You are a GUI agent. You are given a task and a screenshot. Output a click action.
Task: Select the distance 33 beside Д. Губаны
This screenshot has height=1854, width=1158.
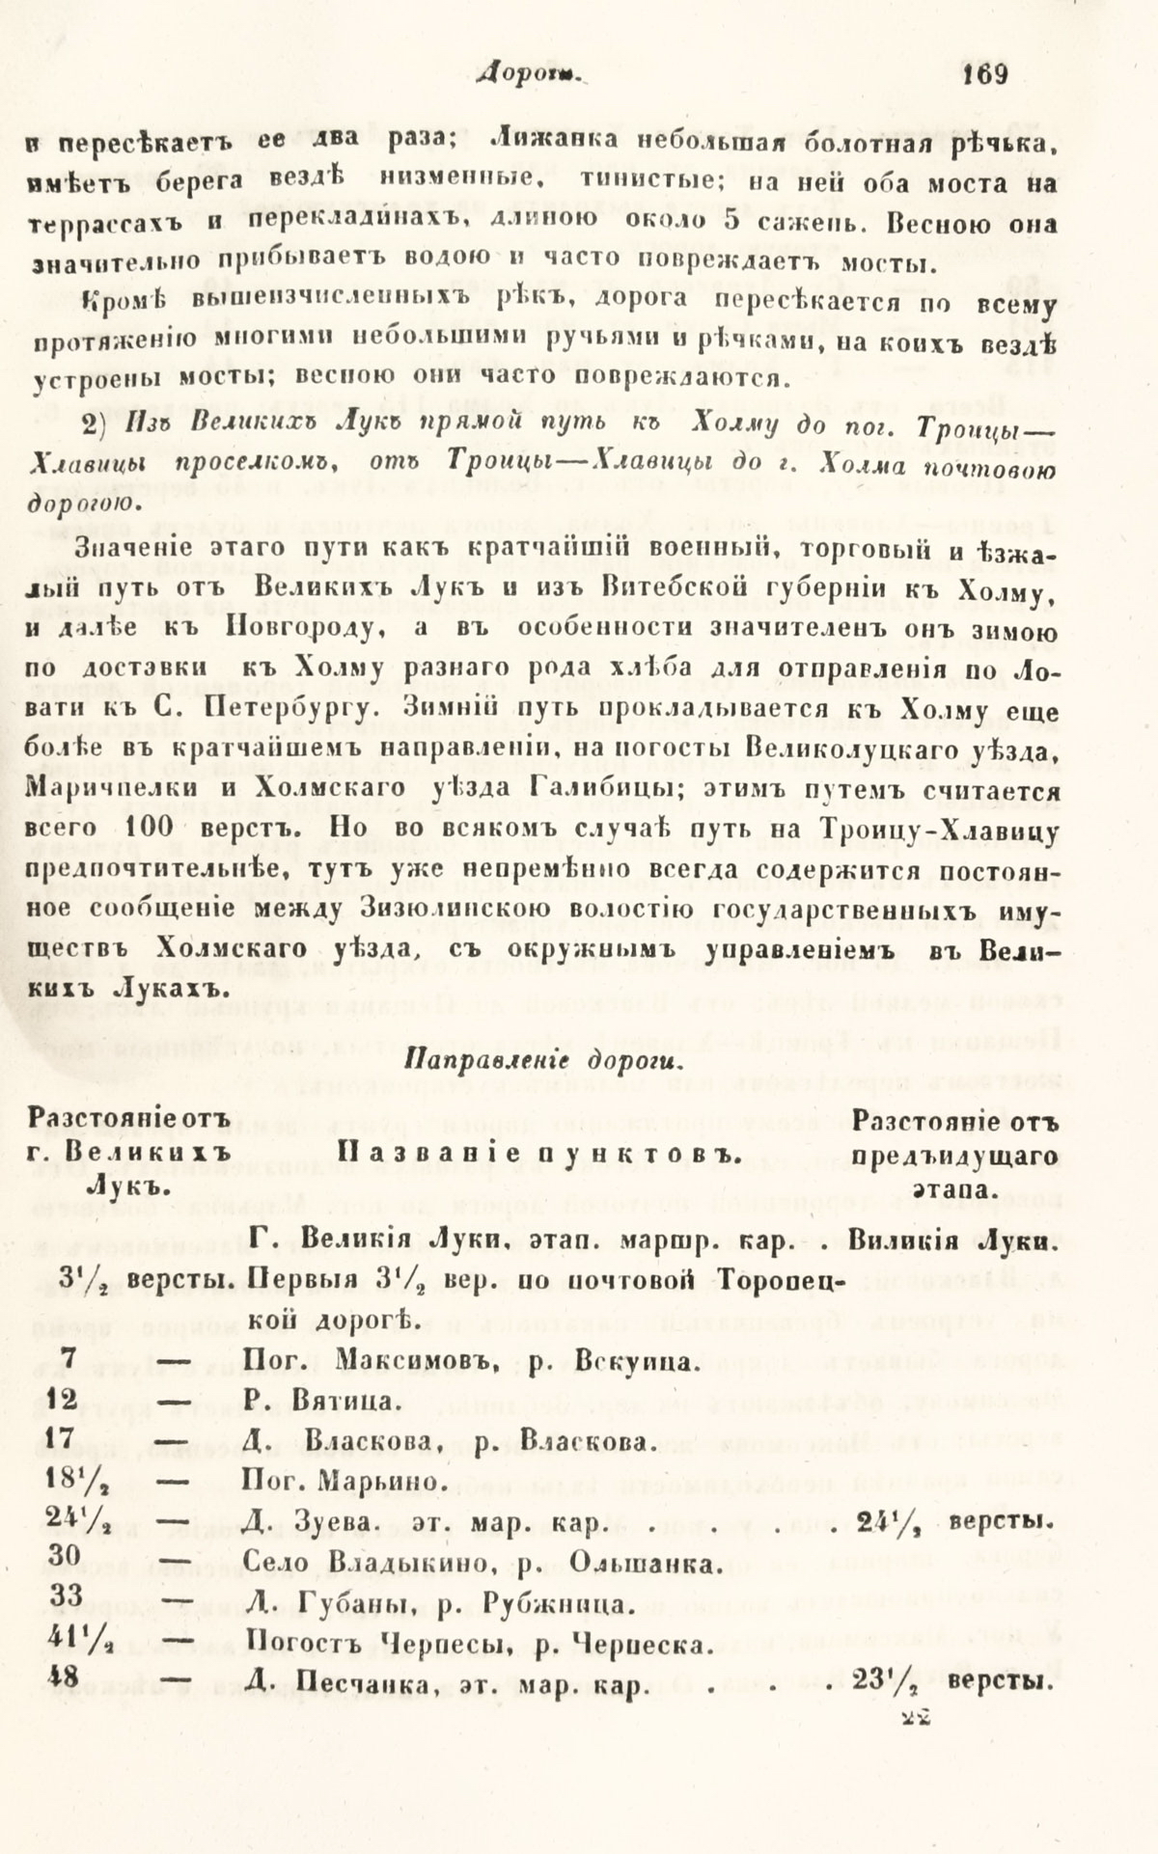pos(65,1595)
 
